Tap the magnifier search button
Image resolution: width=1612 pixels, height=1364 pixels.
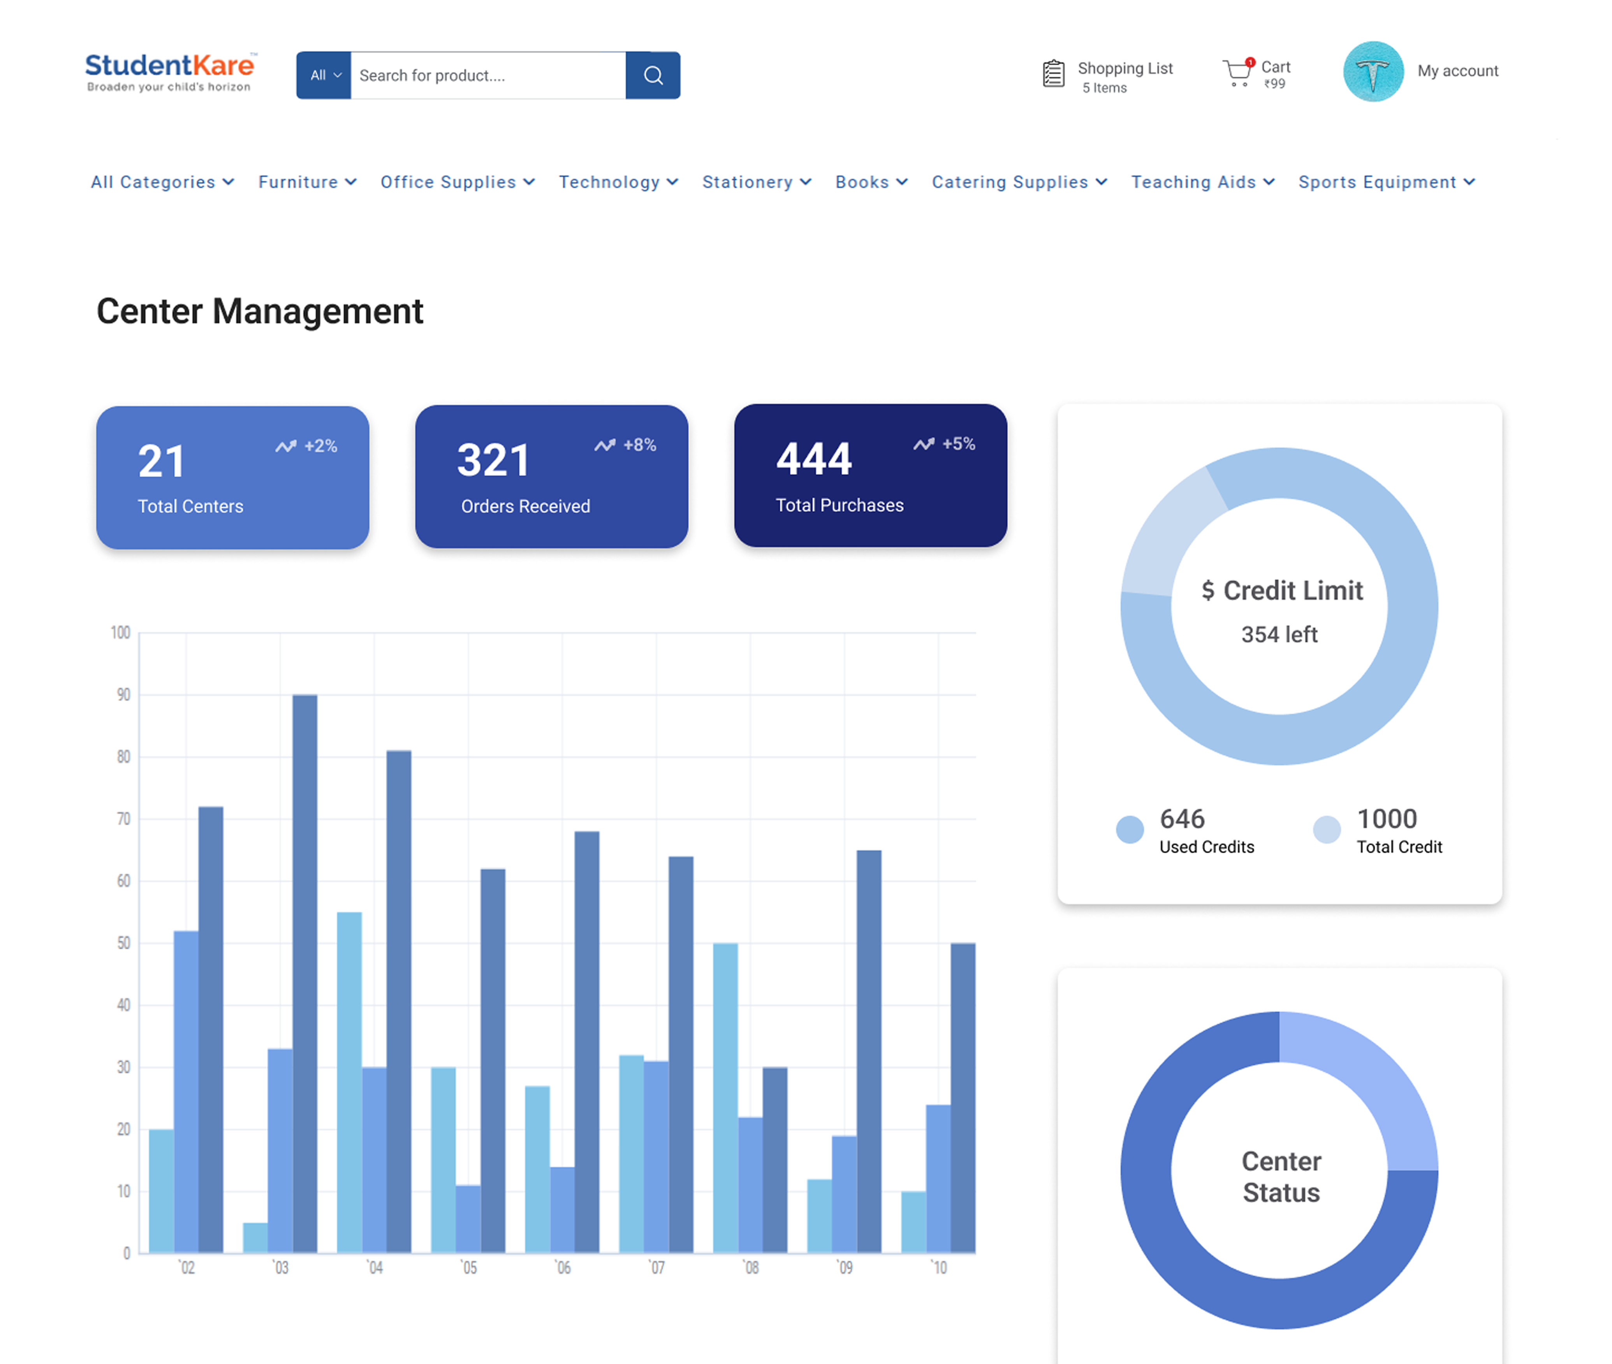pyautogui.click(x=653, y=75)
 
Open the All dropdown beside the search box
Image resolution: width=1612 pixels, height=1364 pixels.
pyautogui.click(x=324, y=75)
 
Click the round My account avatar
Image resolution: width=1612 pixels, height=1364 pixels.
pyautogui.click(x=1373, y=71)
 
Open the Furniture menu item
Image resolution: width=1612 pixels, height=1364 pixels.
pyautogui.click(x=307, y=183)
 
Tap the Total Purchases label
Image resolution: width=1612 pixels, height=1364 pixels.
pyautogui.click(x=839, y=506)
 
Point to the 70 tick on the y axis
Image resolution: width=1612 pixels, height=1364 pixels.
pyautogui.click(x=123, y=819)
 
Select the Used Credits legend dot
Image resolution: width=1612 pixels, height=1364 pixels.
pyautogui.click(x=1129, y=830)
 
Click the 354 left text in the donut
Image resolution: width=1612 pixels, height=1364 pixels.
pyautogui.click(x=1279, y=635)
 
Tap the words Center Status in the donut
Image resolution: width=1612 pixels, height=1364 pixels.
pyautogui.click(x=1281, y=1177)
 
